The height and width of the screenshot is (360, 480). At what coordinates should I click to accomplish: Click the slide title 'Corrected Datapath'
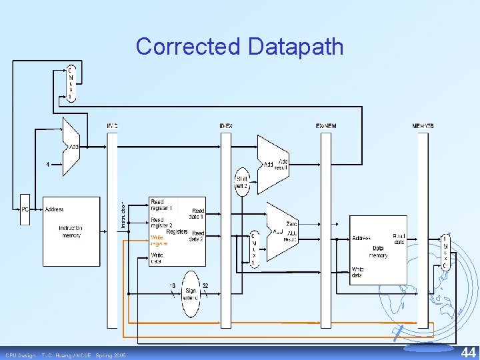(x=240, y=47)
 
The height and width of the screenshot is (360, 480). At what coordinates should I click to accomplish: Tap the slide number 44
(x=468, y=351)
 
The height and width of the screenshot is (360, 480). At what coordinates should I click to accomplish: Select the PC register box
(x=25, y=209)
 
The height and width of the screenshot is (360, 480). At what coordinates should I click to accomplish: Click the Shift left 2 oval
(x=242, y=181)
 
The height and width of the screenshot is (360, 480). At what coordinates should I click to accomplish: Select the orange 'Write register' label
(x=159, y=240)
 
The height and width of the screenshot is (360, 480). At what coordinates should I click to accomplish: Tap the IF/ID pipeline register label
(x=112, y=126)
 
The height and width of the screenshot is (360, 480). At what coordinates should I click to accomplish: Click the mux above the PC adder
(x=71, y=83)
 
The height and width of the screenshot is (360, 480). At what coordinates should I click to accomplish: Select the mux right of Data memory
(x=445, y=251)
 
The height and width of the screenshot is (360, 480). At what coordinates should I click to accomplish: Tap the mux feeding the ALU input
(x=253, y=248)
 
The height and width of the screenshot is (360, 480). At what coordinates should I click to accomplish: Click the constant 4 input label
(x=47, y=164)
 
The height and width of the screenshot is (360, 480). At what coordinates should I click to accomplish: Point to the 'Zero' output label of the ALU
(x=291, y=225)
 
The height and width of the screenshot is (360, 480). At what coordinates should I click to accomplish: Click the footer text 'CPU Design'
(x=21, y=355)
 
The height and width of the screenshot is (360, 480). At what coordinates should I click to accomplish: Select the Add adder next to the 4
(x=71, y=147)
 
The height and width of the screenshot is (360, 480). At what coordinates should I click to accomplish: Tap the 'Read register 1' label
(x=161, y=204)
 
